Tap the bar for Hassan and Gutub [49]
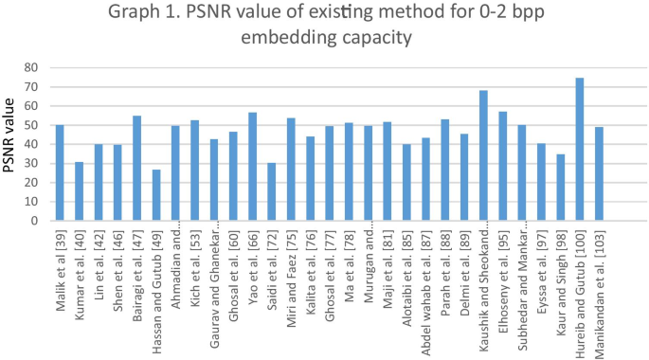156,195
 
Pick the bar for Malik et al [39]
59,172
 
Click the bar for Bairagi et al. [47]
136,168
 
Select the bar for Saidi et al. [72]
273,191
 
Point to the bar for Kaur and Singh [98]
560,188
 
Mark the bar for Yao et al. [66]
253,167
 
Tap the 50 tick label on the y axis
31,125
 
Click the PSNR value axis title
12,144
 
